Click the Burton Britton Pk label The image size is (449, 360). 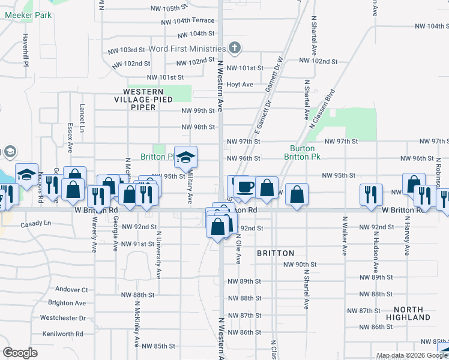tap(302, 152)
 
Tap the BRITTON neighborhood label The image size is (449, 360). tap(276, 253)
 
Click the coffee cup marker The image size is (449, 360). tap(245, 187)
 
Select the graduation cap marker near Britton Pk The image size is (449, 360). tap(186, 157)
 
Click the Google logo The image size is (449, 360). tap(20, 352)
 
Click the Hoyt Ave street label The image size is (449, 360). tap(240, 85)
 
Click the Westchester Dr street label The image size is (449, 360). tap(63, 318)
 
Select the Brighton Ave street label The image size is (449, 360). tap(67, 304)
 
